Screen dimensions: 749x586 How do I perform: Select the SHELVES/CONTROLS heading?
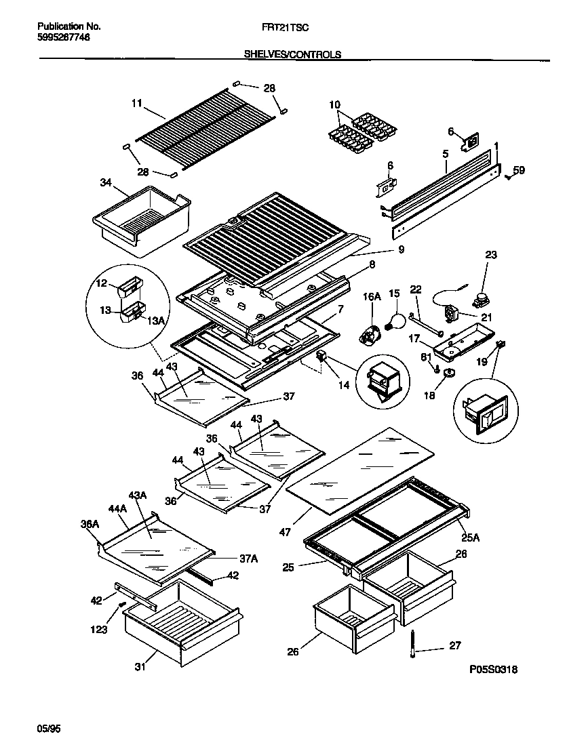pyautogui.click(x=292, y=54)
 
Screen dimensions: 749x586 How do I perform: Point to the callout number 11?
pyautogui.click(x=136, y=104)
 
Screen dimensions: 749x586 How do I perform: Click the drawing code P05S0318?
pyautogui.click(x=494, y=670)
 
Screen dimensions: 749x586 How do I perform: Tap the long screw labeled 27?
pyautogui.click(x=414, y=644)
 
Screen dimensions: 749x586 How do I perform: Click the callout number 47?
pyautogui.click(x=285, y=533)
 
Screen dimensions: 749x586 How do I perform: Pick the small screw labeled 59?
pyautogui.click(x=508, y=178)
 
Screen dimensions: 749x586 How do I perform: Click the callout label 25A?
pyautogui.click(x=471, y=538)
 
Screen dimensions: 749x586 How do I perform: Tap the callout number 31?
pyautogui.click(x=139, y=666)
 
